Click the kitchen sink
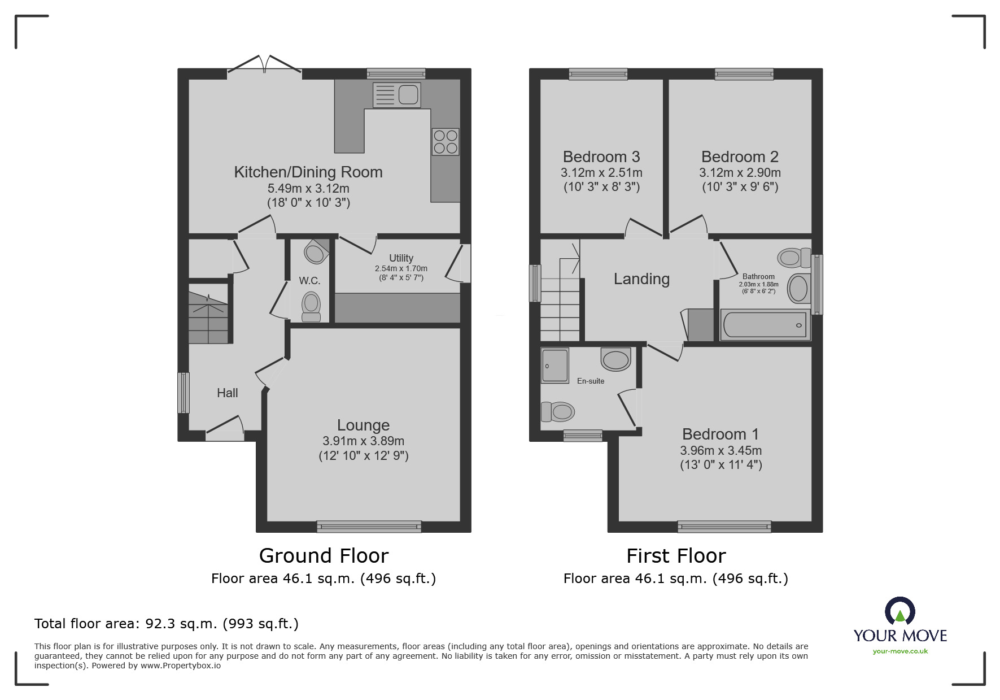tap(396, 95)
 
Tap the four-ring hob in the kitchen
tap(446, 142)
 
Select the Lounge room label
tap(363, 425)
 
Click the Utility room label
tap(401, 258)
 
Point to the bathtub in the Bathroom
tap(765, 325)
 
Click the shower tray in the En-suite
tap(554, 365)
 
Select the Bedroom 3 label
tap(601, 156)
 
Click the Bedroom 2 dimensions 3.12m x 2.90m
tap(740, 172)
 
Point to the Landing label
tap(641, 279)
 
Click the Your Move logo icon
tap(899, 611)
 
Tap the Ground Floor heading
tap(324, 556)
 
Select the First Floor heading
tap(676, 556)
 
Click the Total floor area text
tap(167, 624)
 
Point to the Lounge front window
tap(369, 527)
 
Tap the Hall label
tap(228, 393)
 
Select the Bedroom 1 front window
tap(724, 527)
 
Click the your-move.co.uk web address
tap(900, 651)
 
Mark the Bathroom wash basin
tap(798, 288)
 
